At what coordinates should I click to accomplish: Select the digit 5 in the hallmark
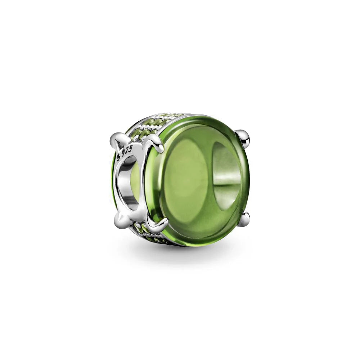coord(131,150)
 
